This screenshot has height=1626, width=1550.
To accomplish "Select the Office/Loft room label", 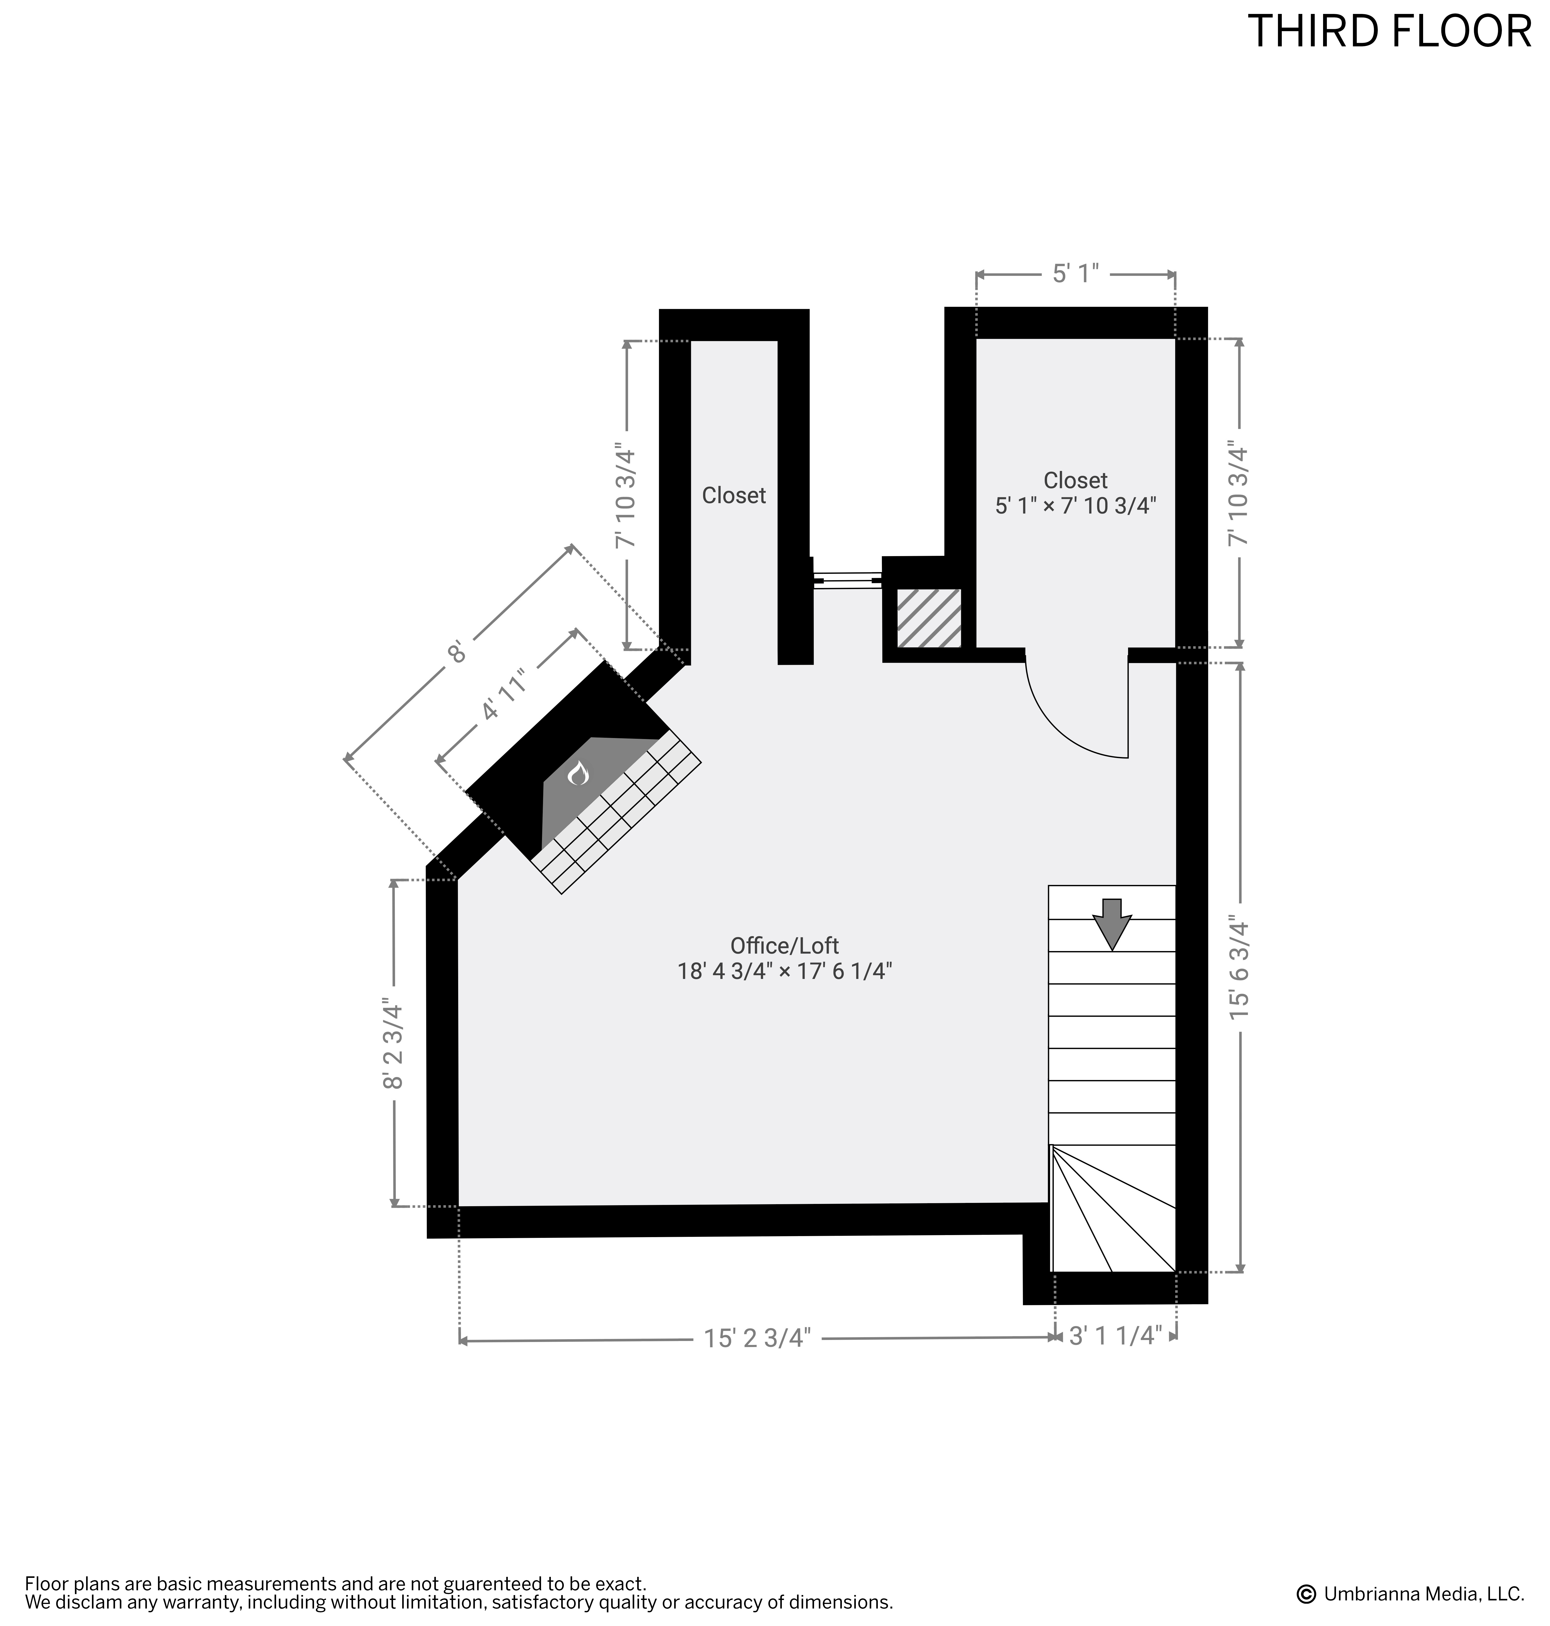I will coord(784,945).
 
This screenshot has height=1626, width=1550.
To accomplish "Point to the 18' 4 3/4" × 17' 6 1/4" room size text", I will coord(784,971).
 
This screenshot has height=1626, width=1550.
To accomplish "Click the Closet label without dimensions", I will coord(734,495).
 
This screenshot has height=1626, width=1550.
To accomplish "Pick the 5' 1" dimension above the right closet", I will coord(1076,274).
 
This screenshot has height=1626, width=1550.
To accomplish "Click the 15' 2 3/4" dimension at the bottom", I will coord(758,1337).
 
